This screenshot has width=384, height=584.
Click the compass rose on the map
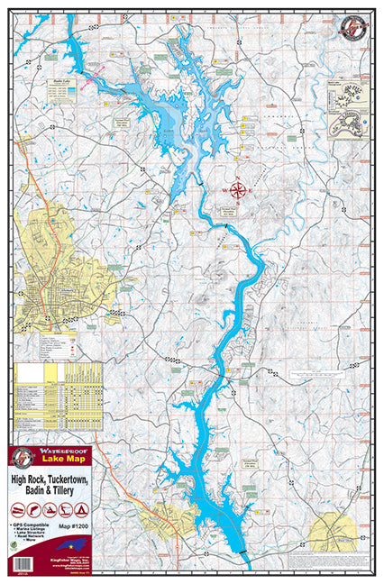tap(238, 190)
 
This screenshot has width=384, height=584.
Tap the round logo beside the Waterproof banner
tap(22, 457)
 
